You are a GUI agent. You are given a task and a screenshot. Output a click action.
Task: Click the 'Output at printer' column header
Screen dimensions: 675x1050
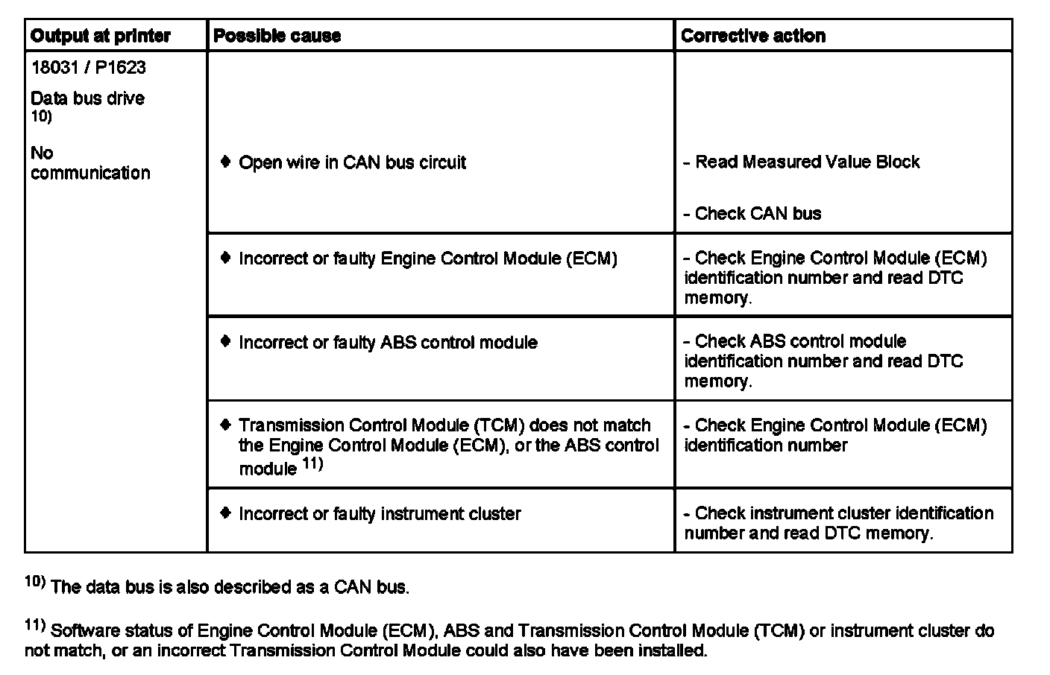101,36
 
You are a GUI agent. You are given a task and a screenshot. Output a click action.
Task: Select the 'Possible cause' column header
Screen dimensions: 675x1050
277,36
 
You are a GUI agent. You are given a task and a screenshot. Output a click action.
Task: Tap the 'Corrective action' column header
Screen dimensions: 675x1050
752,36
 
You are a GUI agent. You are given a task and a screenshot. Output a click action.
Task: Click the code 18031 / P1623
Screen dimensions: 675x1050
88,68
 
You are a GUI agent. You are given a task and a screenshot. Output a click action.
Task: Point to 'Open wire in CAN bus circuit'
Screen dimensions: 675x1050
352,162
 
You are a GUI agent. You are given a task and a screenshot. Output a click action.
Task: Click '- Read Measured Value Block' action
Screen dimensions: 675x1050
802,162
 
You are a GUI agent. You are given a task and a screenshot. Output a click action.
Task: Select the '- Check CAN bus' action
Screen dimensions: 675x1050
752,214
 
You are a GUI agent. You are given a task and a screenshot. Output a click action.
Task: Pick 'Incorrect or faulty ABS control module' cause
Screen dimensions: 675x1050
388,343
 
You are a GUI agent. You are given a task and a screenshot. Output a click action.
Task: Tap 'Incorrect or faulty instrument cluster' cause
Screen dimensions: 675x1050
380,514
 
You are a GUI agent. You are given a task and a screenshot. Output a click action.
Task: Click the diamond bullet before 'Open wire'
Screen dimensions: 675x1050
226,162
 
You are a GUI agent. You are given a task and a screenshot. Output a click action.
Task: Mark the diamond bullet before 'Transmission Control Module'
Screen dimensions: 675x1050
226,425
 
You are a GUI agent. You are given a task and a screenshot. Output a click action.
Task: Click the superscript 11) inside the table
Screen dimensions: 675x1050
312,465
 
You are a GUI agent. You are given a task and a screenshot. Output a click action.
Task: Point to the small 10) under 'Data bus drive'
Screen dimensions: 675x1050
41,116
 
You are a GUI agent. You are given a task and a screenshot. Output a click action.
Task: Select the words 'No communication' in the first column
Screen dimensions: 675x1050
89,163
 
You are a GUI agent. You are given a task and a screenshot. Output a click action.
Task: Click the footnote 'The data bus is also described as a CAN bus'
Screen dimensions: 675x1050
230,588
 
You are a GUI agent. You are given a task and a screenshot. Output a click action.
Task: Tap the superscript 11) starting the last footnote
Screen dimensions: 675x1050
35,626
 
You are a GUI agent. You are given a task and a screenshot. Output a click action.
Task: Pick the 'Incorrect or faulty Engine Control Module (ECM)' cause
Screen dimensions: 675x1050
427,259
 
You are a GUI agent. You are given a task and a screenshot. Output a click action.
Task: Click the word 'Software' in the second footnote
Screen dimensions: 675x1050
84,631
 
